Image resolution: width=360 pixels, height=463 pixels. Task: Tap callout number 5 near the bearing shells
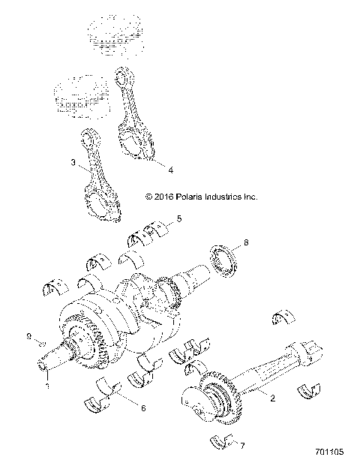click(x=179, y=219)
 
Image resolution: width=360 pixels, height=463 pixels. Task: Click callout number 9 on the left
click(x=29, y=337)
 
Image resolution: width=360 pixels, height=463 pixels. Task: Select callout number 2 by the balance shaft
click(x=272, y=398)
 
